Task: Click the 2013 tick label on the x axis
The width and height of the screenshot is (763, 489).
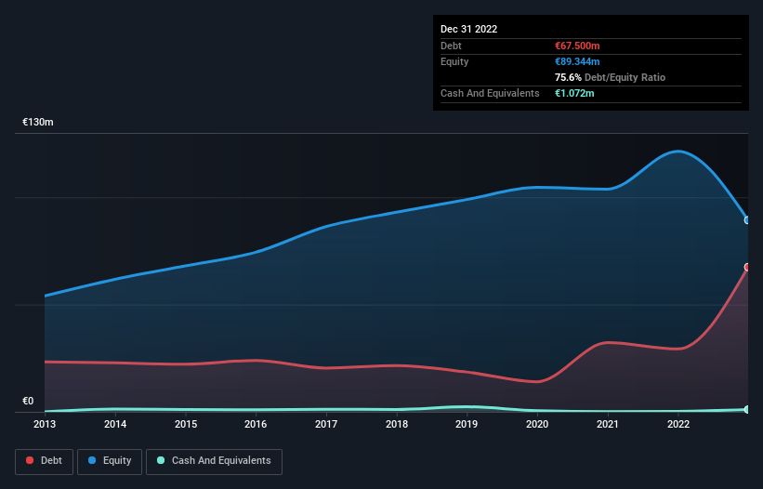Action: click(45, 425)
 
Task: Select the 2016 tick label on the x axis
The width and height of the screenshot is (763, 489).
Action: click(256, 425)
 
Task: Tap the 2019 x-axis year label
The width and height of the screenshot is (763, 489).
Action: click(467, 425)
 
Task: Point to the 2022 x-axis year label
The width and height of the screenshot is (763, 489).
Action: click(678, 425)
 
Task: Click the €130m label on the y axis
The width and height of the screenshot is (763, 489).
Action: click(38, 123)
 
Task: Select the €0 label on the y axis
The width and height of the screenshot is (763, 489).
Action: click(28, 402)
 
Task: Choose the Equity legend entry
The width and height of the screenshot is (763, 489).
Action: click(110, 461)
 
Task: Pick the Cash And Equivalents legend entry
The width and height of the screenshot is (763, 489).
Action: click(214, 461)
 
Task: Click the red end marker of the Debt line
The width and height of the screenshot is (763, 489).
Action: click(747, 267)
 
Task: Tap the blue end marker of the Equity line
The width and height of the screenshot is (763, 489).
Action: click(747, 220)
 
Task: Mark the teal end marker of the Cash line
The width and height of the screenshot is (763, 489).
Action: click(747, 409)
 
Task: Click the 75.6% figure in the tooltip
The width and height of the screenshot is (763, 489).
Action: click(568, 77)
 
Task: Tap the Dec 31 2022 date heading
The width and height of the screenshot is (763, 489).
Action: click(469, 29)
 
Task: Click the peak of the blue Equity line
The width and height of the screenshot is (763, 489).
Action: click(679, 151)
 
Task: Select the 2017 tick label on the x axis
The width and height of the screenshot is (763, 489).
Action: click(326, 425)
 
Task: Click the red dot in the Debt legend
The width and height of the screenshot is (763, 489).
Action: click(31, 461)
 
